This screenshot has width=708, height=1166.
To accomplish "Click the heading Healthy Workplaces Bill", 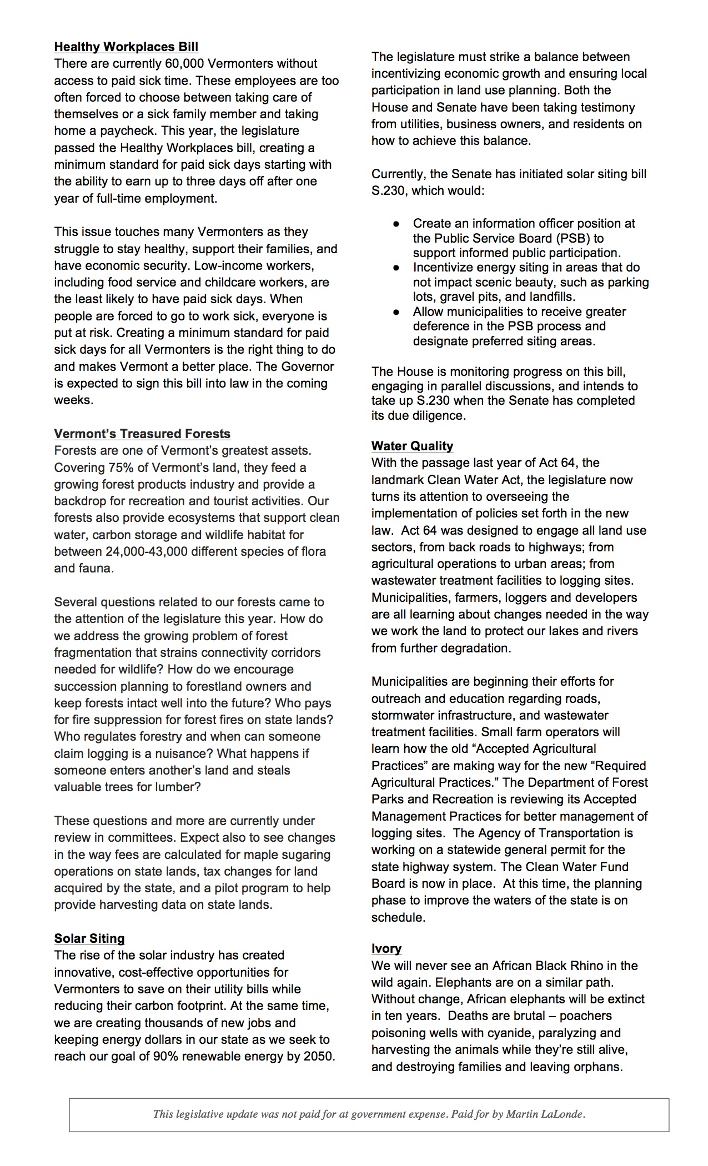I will (x=126, y=47).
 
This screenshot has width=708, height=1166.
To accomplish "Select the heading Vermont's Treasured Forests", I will (x=142, y=434).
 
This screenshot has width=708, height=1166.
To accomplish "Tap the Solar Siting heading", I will (x=89, y=938).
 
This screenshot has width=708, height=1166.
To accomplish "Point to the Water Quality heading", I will (x=412, y=446).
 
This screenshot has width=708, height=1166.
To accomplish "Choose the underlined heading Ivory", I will (x=386, y=948).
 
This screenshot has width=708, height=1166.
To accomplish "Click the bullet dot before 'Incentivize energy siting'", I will (x=396, y=268).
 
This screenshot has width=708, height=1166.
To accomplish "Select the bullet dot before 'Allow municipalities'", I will (x=396, y=312).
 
